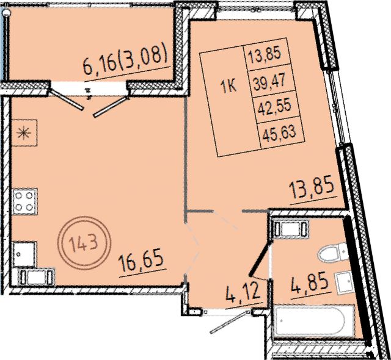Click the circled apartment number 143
tap(84, 243)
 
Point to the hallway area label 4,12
tap(243, 293)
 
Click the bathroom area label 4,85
tap(309, 284)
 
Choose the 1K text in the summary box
tap(228, 87)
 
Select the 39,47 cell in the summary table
tap(269, 80)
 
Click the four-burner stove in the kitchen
tap(24, 201)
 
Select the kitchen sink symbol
tap(24, 254)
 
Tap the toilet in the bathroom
tap(332, 253)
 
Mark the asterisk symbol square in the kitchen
tap(24, 132)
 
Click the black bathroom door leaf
tap(260, 259)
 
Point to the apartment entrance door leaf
tap(230, 322)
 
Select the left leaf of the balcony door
tap(67, 99)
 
